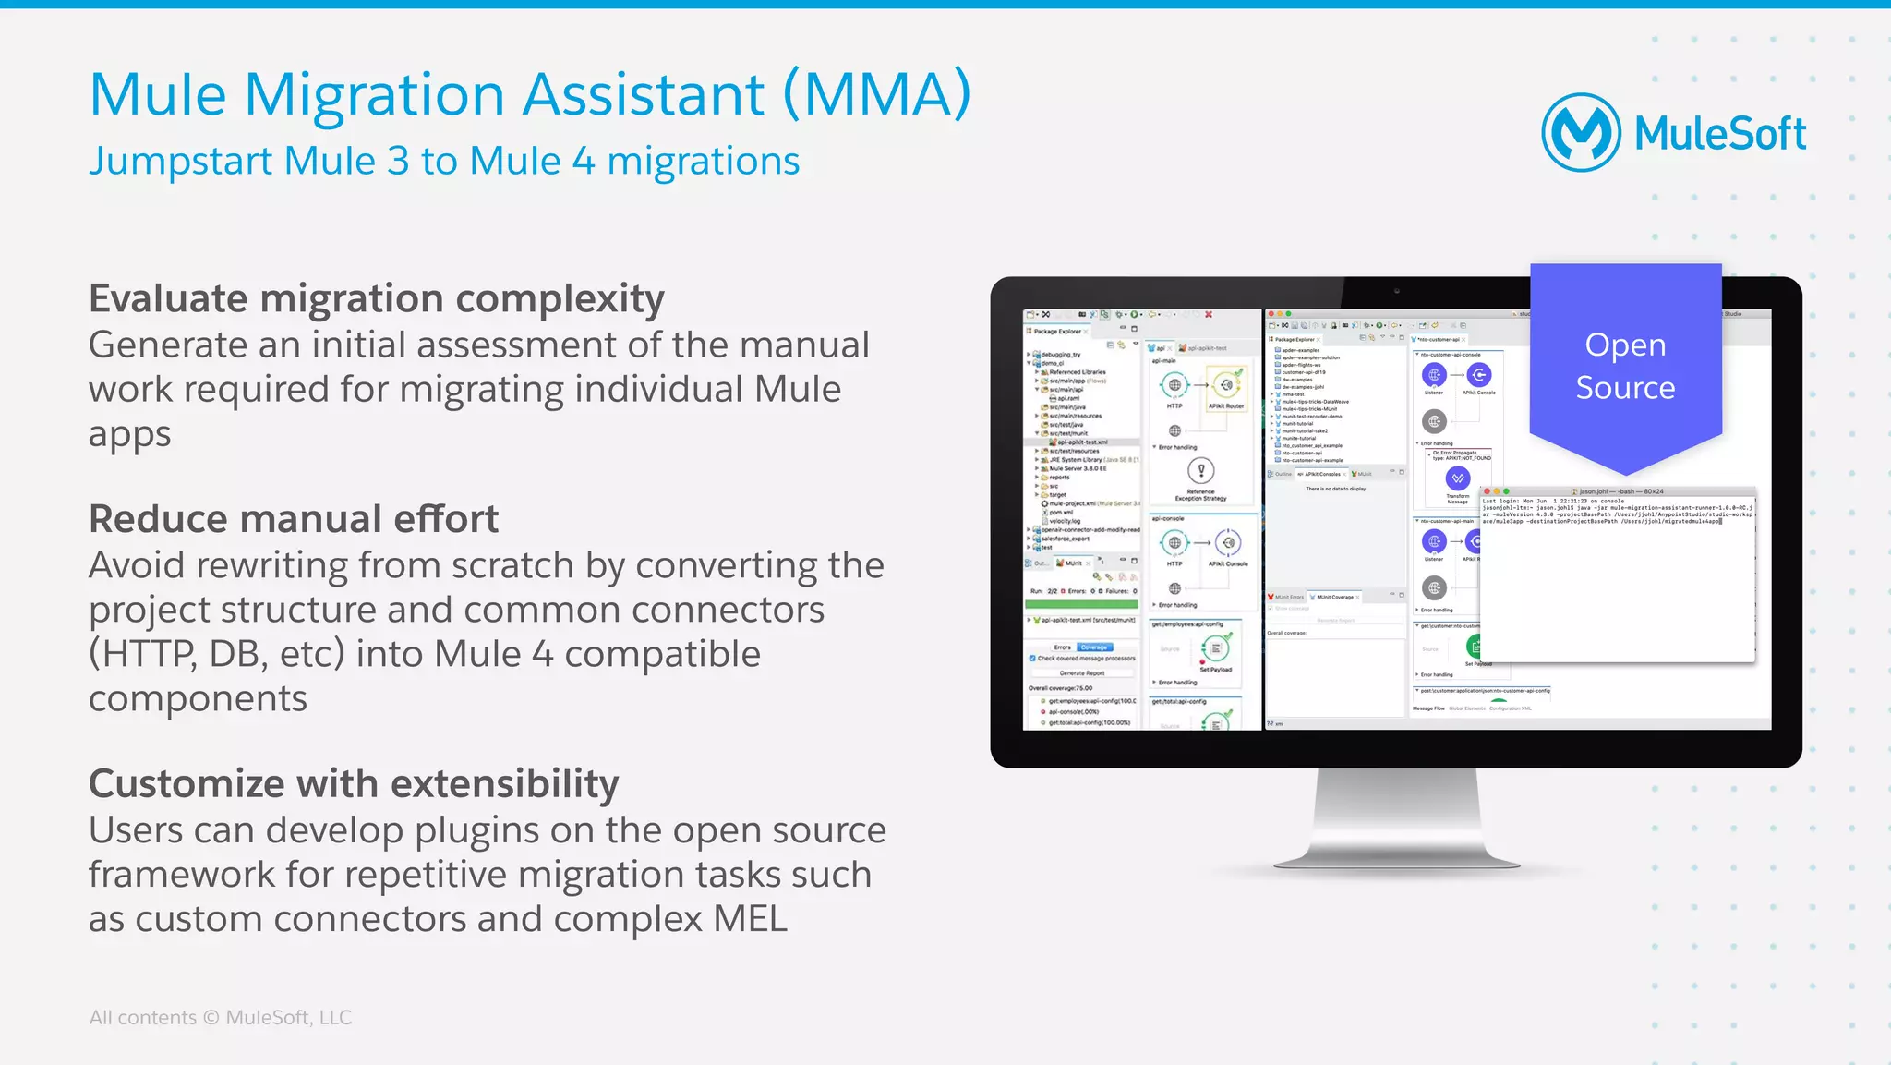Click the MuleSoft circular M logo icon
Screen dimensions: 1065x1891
[x=1581, y=133]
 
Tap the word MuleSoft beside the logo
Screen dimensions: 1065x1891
[x=1719, y=135]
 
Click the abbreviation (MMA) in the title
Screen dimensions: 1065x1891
[x=876, y=94]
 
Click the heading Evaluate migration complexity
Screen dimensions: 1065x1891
[x=376, y=299]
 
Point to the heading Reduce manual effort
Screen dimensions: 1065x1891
[x=293, y=519]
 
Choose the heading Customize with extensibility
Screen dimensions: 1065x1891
[x=353, y=784]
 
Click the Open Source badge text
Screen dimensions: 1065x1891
[x=1625, y=366]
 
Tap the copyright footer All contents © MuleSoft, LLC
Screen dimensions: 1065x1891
[x=220, y=1018]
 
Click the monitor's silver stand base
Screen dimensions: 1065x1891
[x=1396, y=860]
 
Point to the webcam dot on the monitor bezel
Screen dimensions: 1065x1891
[x=1397, y=291]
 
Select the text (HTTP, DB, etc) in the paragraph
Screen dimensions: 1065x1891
[x=216, y=655]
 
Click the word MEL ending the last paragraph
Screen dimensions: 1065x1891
[x=750, y=920]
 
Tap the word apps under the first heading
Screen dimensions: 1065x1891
[x=129, y=434]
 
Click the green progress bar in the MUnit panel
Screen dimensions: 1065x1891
[x=1081, y=604]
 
